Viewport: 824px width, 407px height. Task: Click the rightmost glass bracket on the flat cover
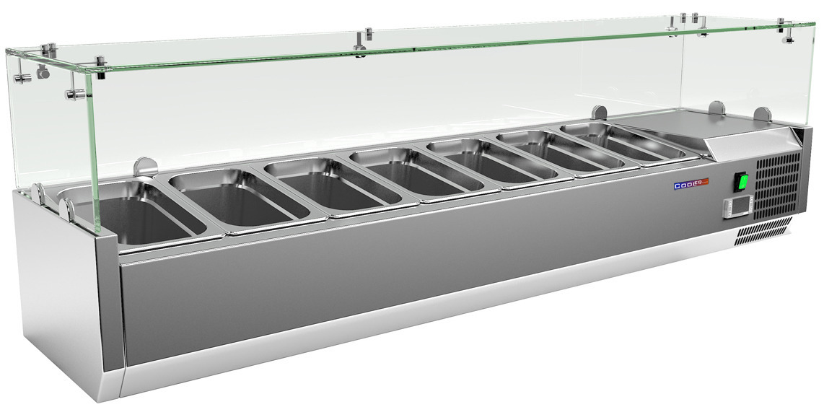[x=762, y=115]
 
